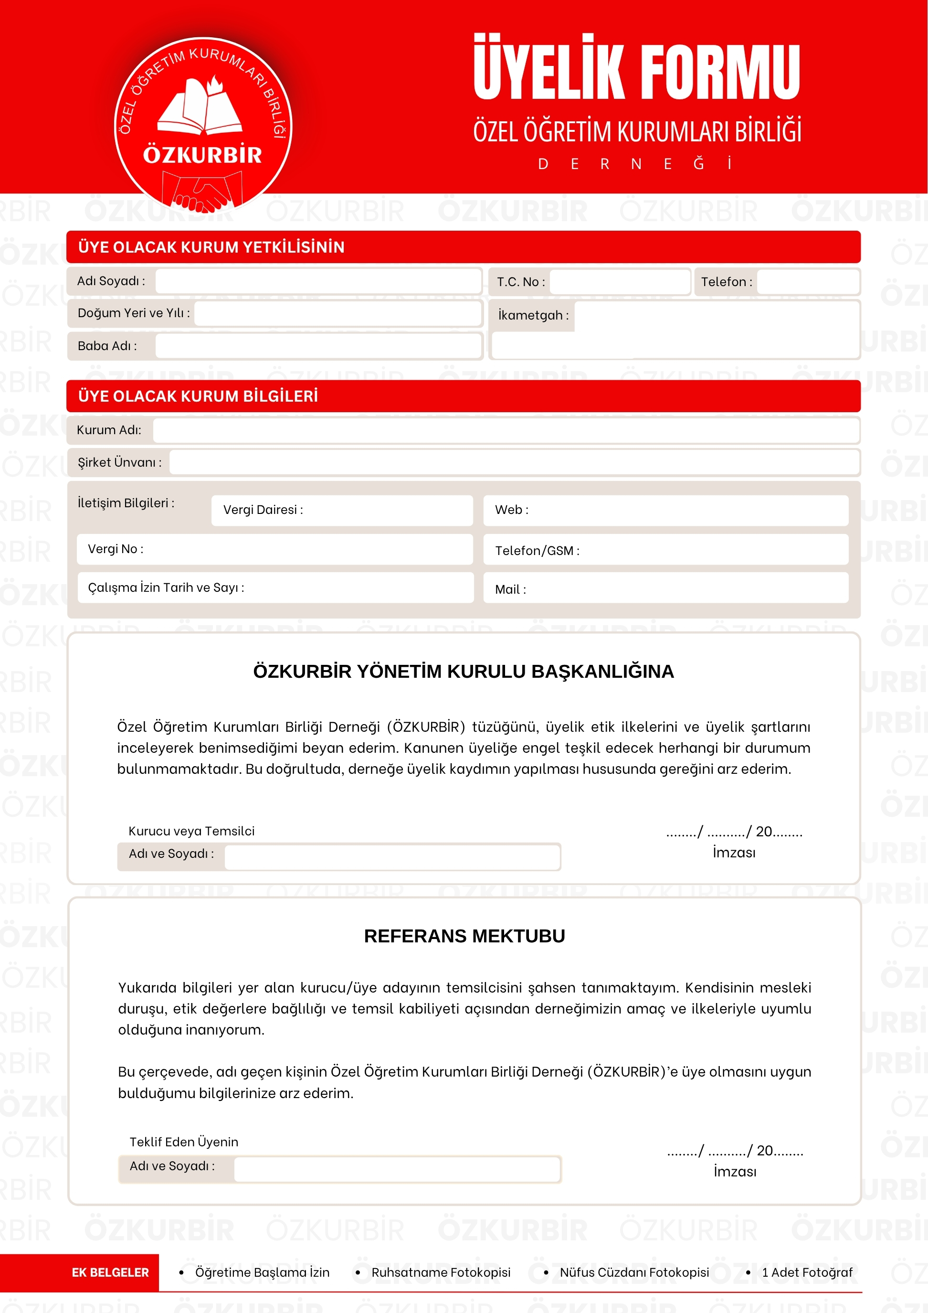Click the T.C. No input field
tap(620, 281)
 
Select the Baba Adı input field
tap(318, 346)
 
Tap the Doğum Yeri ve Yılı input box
tap(337, 313)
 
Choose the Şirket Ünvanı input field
tap(514, 462)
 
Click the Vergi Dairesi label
tap(263, 510)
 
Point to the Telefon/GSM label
tap(537, 551)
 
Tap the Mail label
tap(510, 589)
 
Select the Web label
tap(511, 510)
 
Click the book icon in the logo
tap(200, 107)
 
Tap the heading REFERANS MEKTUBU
tap(464, 936)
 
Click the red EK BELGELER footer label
tap(110, 1272)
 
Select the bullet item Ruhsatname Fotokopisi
tap(441, 1272)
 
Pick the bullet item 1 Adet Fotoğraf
tap(807, 1272)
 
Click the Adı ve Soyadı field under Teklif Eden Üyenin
tap(397, 1169)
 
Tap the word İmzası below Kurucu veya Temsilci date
tap(734, 853)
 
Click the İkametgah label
tap(533, 315)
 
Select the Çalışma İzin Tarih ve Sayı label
tap(166, 587)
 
